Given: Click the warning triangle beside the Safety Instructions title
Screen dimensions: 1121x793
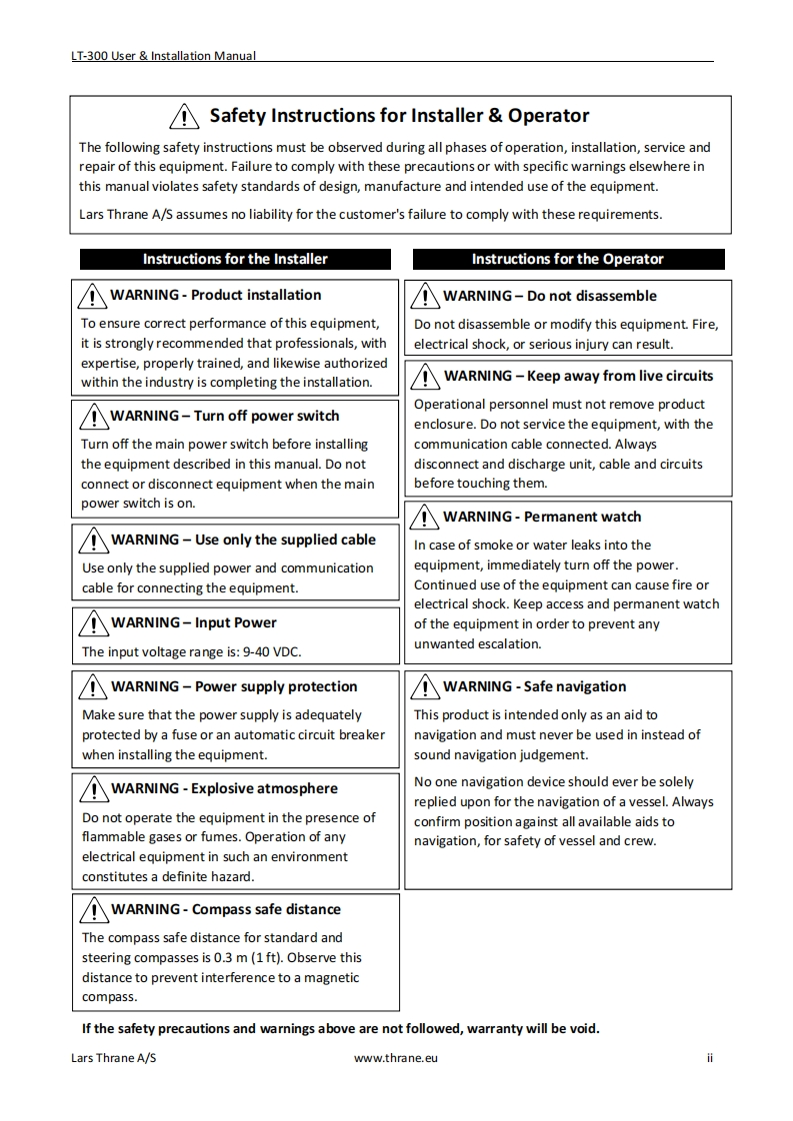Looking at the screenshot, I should click(186, 117).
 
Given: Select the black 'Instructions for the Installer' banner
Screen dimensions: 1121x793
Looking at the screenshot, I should click(235, 259).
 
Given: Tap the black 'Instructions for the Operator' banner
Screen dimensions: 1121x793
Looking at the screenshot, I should click(567, 259).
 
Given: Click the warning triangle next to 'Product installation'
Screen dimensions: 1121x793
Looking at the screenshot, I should click(93, 296).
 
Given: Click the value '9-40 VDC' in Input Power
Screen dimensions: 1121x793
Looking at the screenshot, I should click(272, 651).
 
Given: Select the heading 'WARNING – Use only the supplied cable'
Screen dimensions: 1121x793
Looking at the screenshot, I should click(243, 540).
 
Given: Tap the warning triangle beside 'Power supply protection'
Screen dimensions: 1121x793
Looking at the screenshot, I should click(94, 687).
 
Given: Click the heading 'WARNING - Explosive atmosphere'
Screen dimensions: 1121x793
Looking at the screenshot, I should click(224, 788).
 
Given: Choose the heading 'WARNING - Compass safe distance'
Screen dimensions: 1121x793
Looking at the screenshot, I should click(225, 909).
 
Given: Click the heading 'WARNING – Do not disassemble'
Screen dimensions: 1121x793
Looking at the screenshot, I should click(549, 296).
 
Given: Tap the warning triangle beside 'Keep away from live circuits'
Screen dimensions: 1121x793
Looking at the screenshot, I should click(426, 377).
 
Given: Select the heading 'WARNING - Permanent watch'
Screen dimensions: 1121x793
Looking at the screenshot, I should click(542, 517).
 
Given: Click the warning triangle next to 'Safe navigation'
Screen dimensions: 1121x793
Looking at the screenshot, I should click(426, 687).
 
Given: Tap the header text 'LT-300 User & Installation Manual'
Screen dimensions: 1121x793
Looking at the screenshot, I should click(163, 56).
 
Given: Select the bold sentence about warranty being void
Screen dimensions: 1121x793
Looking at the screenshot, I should click(340, 1029).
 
